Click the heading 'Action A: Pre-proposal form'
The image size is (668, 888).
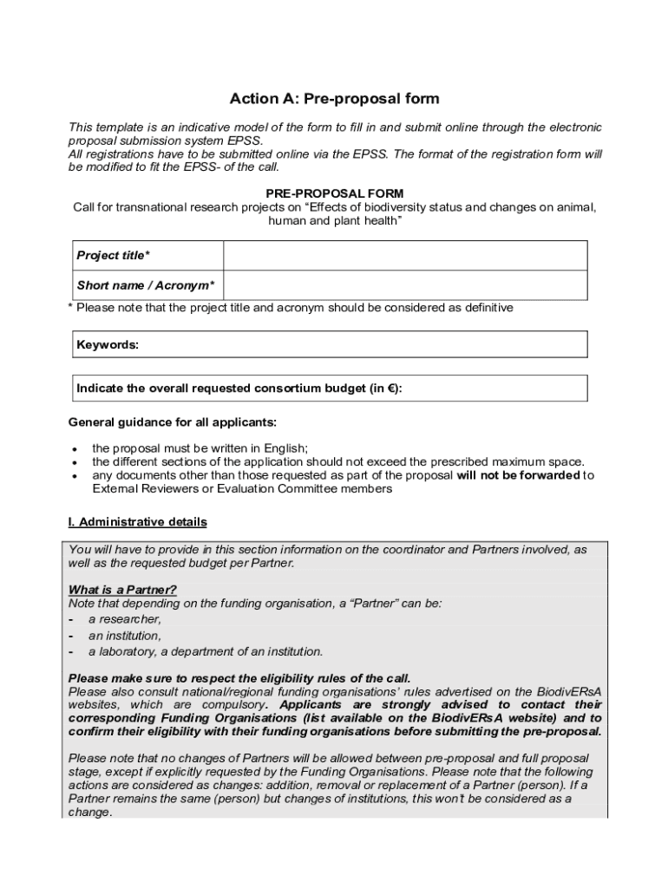(x=334, y=99)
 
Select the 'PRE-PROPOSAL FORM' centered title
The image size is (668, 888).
(x=334, y=193)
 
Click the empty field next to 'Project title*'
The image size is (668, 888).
(x=405, y=256)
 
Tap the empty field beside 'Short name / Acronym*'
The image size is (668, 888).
(x=405, y=285)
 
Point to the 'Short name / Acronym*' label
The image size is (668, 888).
(x=146, y=285)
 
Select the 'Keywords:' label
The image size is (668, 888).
(x=108, y=344)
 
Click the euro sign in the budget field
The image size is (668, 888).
(x=391, y=388)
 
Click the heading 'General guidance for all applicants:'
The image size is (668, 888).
(x=173, y=422)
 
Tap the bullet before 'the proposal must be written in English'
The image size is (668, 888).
(x=75, y=449)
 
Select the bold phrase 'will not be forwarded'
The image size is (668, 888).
(x=517, y=475)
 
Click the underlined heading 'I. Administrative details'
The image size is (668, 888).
(x=137, y=522)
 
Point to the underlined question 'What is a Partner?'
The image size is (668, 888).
(x=116, y=590)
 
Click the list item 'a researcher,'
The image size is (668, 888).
(x=125, y=619)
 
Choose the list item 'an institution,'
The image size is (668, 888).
(x=125, y=636)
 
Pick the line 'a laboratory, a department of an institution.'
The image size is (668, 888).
(x=206, y=651)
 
